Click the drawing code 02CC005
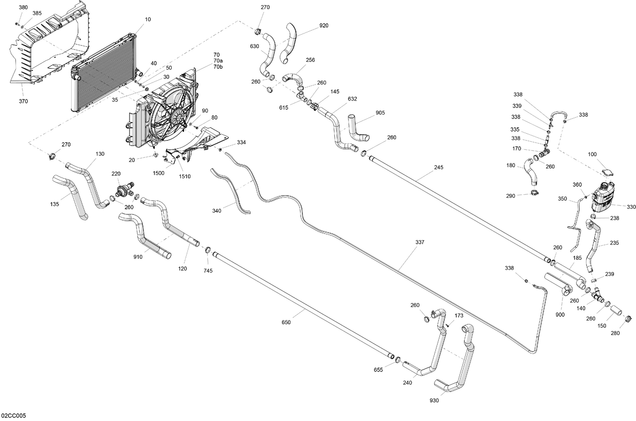click(14, 415)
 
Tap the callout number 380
click(23, 8)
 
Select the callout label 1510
click(184, 176)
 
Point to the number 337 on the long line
click(420, 242)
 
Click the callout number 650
click(286, 323)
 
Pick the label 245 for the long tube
click(438, 167)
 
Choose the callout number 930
click(434, 400)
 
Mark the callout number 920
click(324, 25)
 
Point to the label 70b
click(218, 67)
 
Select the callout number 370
click(23, 101)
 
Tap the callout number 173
click(459, 316)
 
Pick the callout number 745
click(208, 271)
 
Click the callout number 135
click(54, 204)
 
